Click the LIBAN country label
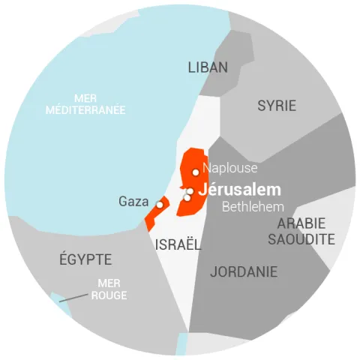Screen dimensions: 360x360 207,67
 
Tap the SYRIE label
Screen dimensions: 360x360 277,106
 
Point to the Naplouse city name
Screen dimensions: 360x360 230,168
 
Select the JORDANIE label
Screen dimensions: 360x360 244,271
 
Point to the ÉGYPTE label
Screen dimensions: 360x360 85,260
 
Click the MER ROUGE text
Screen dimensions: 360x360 109,289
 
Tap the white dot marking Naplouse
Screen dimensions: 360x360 196,172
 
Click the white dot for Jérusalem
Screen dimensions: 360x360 190,191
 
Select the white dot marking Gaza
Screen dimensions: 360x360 160,204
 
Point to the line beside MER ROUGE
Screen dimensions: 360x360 73,298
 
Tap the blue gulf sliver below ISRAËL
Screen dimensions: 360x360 182,343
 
